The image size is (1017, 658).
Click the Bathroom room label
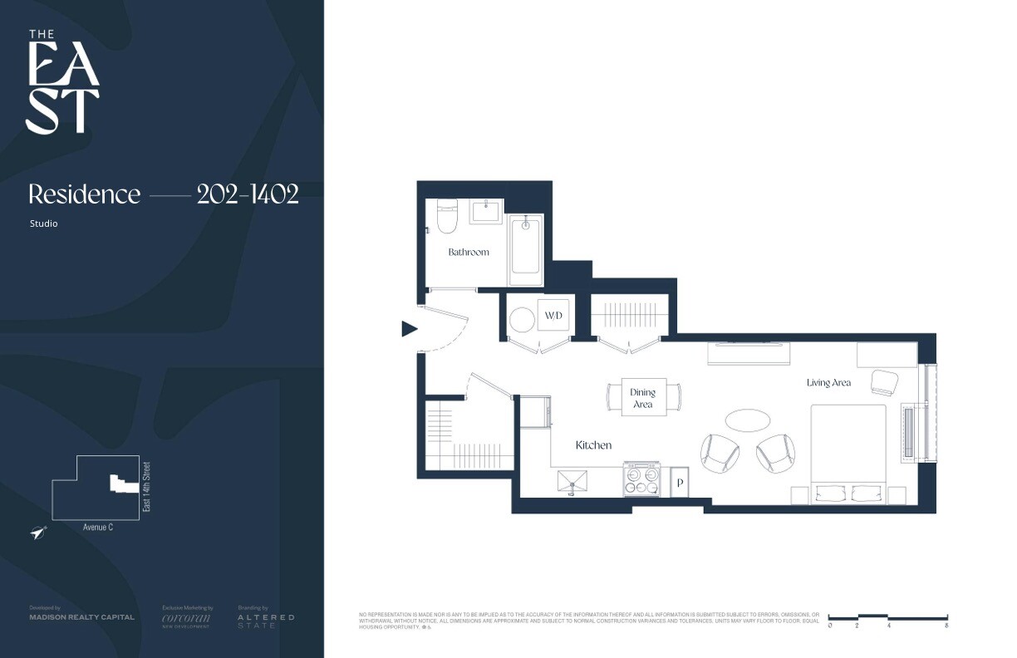coord(469,252)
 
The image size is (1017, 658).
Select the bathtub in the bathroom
coord(526,245)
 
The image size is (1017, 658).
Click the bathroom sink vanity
coord(486,211)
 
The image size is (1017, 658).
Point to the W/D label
coord(553,317)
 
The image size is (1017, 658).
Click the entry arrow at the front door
coord(409,329)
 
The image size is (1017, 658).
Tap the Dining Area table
coord(642,398)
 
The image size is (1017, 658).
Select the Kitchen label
coord(593,445)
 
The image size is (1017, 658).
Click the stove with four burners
coord(641,479)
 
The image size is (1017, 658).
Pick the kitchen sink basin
coord(572,480)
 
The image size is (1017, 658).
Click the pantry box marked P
coord(679,483)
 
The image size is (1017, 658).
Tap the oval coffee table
coord(747,420)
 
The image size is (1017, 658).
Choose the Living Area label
coord(828,383)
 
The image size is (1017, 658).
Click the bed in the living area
coord(848,453)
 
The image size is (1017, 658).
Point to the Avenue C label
coord(98,527)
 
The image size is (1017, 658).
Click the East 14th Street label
coord(146,486)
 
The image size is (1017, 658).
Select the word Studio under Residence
coord(44,223)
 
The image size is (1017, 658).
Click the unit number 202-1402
coord(248,194)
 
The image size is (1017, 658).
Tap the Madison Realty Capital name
coord(81,617)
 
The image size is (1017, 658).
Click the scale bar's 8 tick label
coord(946,626)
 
